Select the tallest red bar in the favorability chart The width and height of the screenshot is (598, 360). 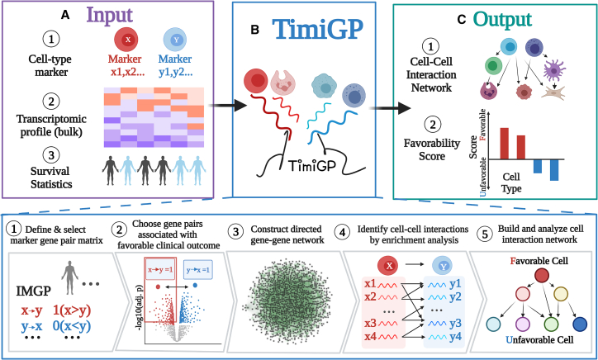click(504, 142)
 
